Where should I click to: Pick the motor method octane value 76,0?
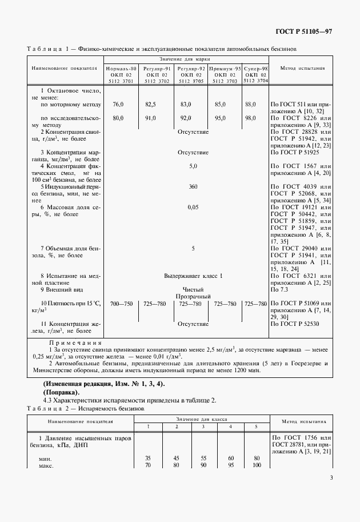click(118, 104)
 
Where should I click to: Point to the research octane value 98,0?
click(250, 118)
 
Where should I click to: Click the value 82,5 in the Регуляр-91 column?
click(150, 104)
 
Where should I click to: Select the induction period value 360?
click(193, 186)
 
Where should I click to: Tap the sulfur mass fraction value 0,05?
click(193, 207)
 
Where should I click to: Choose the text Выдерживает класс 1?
click(193, 276)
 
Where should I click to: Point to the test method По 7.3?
click(279, 290)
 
